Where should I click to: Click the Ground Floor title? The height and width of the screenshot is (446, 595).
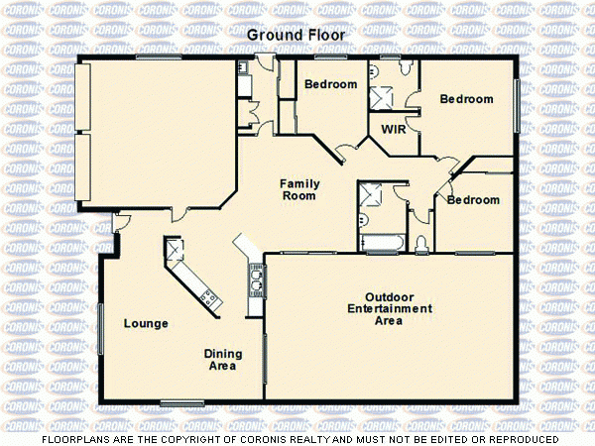(x=297, y=36)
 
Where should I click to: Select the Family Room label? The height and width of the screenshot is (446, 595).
(x=297, y=189)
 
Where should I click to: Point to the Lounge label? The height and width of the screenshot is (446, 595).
(x=145, y=323)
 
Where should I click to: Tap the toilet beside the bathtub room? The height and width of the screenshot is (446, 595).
(x=421, y=243)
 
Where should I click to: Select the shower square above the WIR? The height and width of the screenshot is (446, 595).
(x=382, y=98)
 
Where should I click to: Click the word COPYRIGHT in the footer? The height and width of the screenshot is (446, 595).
(x=192, y=439)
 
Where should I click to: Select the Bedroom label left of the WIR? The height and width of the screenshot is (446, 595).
(x=330, y=84)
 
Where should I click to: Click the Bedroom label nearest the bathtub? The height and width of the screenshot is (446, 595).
(x=473, y=200)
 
